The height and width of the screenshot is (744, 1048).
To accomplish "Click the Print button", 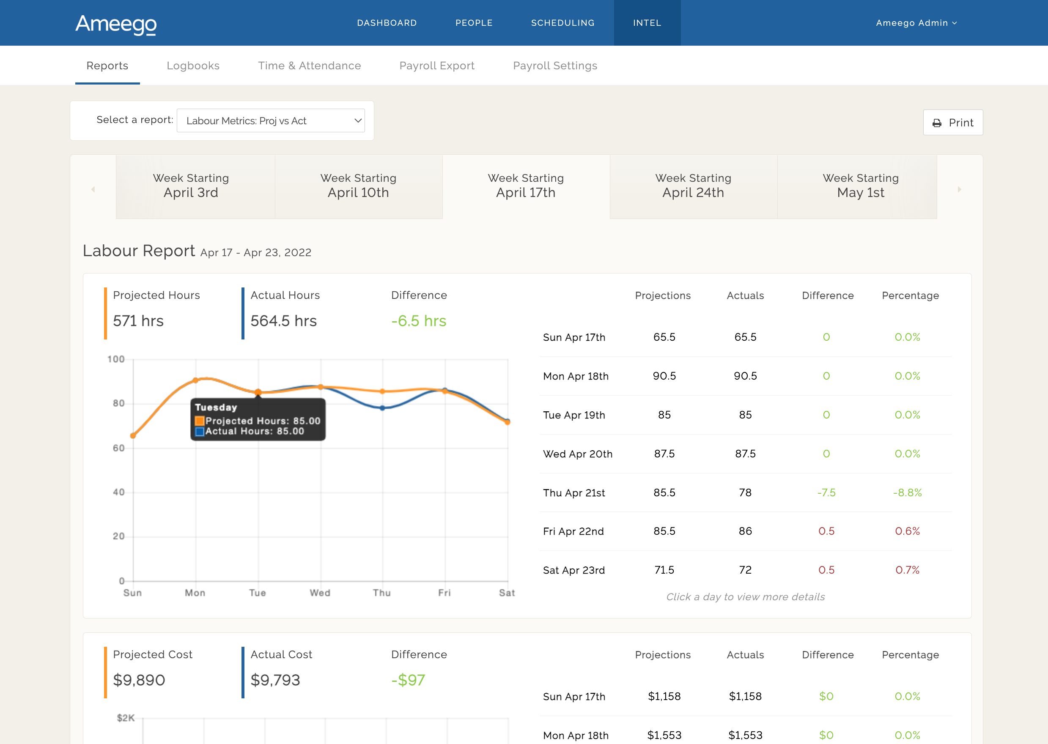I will point(953,122).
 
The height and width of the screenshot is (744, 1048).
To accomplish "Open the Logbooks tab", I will point(193,66).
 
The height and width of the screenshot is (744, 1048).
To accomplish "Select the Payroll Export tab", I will point(437,66).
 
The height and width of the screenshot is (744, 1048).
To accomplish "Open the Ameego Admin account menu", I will point(916,23).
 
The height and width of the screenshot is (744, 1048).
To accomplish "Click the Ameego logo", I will point(116,24).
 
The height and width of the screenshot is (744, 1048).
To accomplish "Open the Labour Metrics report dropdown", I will point(271,120).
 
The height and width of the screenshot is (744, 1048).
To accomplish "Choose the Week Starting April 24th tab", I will point(693,186).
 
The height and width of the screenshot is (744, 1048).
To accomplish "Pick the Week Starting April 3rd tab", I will point(191,186).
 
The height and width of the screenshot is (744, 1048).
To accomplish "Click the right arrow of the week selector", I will point(959,189).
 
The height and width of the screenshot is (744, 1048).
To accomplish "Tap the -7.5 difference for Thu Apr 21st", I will point(826,492).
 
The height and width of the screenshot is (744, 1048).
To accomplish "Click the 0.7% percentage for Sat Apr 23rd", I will point(907,570).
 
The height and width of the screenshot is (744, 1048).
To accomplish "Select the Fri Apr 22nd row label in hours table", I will point(573,531).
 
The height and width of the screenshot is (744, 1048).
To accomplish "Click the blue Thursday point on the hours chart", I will point(383,408).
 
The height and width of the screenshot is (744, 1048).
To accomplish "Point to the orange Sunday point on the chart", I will point(133,436).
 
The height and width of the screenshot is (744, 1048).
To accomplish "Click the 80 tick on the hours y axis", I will point(119,403).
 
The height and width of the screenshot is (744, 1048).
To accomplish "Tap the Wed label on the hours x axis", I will point(320,593).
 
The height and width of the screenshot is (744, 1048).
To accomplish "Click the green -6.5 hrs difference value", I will point(418,321).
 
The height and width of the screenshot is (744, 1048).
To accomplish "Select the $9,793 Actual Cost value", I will point(275,680).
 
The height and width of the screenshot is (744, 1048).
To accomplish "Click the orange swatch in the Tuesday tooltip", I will point(199,421).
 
